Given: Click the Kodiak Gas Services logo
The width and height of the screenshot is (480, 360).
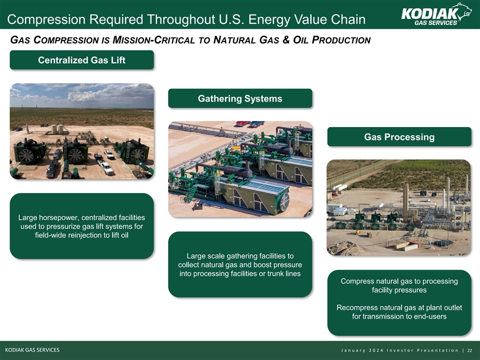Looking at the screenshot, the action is coord(436,14).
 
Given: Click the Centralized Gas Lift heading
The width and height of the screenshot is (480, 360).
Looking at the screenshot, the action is coord(81,60).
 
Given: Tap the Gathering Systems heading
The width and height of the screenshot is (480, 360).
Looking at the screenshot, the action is coord(240,98).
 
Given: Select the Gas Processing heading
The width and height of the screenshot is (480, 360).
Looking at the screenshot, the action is coord(399,137).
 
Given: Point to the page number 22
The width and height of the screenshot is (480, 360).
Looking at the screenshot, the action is coord(469,350).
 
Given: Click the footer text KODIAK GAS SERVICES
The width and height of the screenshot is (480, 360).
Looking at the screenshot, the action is coord(32,350).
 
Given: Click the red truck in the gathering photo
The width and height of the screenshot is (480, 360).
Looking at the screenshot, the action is coord(242,123).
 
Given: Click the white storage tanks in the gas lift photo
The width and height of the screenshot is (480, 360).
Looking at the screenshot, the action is coord(57,129).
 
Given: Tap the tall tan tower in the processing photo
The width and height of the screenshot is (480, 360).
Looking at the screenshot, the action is coord(405,202).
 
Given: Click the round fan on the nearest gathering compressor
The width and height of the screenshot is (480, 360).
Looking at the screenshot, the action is coord(284,202).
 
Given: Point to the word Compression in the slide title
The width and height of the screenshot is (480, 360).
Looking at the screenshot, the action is coord(46,19).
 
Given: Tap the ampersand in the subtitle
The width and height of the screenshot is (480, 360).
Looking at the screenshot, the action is coord(286,40).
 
